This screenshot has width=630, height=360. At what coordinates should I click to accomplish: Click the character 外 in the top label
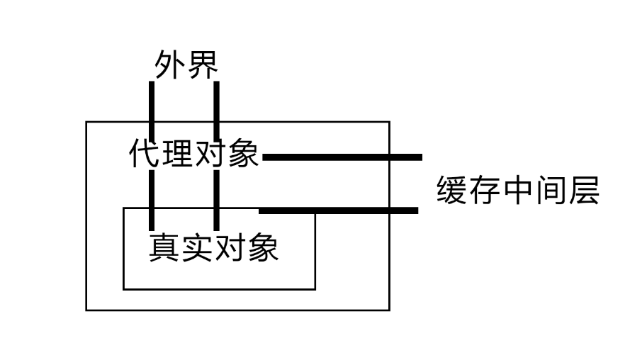[x=170, y=65]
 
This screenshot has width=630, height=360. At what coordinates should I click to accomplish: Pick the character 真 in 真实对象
[x=165, y=247]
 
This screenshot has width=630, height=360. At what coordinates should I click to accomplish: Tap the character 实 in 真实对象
[x=198, y=247]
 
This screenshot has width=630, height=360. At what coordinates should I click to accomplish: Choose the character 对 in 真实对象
[x=230, y=247]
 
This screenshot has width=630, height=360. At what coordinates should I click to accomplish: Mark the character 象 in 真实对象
[x=263, y=247]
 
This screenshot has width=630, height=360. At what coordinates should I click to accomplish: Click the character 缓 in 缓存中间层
[x=453, y=191]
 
